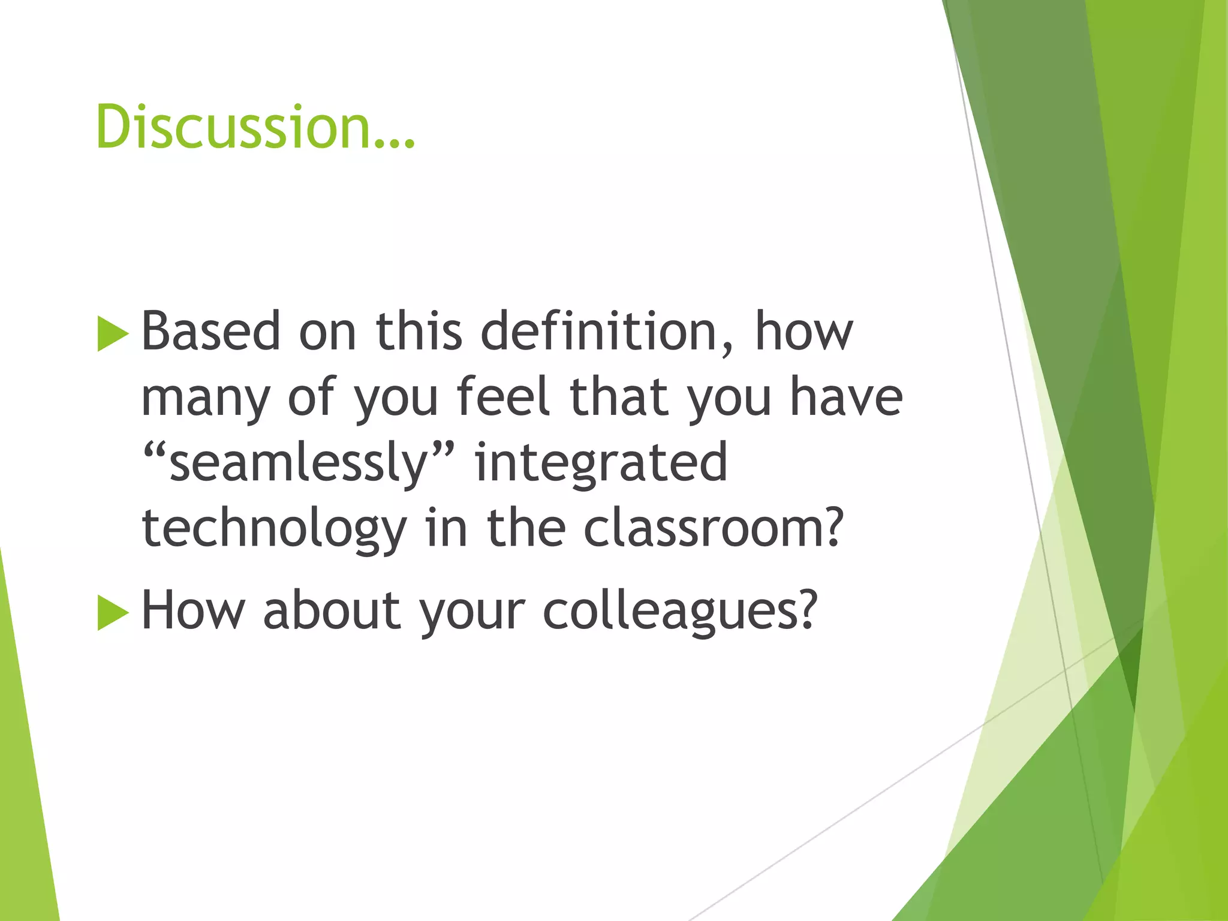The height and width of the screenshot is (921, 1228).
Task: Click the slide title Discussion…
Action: tap(255, 127)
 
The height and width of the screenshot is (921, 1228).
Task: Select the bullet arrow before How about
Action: tap(113, 613)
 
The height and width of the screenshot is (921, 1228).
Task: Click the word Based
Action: tap(210, 331)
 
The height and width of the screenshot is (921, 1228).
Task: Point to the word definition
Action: tap(600, 331)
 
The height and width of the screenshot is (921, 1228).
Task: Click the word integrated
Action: tap(601, 463)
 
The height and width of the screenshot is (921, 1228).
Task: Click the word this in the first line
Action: tap(419, 331)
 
